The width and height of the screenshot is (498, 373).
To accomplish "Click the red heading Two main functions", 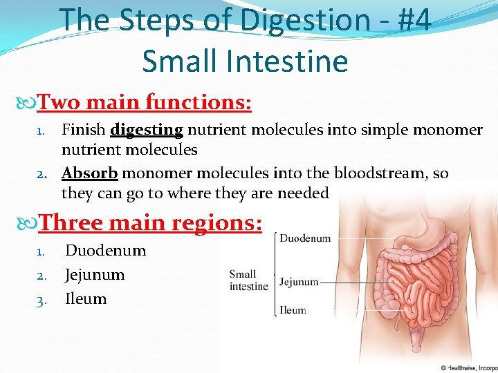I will pyautogui.click(x=144, y=103).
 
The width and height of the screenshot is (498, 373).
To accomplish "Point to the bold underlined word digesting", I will pyautogui.click(x=146, y=130).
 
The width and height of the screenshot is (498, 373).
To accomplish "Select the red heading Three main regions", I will pyautogui.click(x=150, y=222).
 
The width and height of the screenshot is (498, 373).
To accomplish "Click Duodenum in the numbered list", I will pyautogui.click(x=105, y=250).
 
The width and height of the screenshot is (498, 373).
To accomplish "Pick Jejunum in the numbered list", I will pyautogui.click(x=95, y=274).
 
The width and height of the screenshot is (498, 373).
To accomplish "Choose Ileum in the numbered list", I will pyautogui.click(x=86, y=298).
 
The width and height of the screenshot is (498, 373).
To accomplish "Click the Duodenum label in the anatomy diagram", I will pyautogui.click(x=305, y=238).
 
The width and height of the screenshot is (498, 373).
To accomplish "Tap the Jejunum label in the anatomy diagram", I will pyautogui.click(x=299, y=282).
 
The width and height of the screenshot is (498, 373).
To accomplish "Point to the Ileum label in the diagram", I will pyautogui.click(x=293, y=310).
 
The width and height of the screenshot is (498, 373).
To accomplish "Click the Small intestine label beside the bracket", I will pyautogui.click(x=248, y=280).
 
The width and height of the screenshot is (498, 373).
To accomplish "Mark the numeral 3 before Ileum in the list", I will pyautogui.click(x=41, y=299).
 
